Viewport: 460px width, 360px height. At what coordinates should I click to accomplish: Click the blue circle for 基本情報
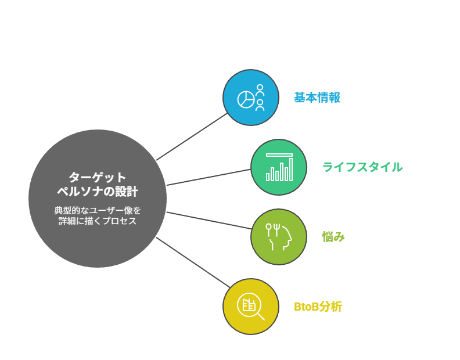point(251,98)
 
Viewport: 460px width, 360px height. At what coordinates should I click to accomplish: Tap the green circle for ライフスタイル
point(279,167)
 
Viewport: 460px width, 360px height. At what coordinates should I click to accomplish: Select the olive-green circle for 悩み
point(279,237)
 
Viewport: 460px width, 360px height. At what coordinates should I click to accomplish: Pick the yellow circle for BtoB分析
point(251,307)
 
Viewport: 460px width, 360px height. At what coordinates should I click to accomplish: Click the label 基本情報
point(317,98)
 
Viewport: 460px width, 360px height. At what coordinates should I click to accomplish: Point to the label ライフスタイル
point(362,167)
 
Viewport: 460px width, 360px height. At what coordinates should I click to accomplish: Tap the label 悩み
point(333,237)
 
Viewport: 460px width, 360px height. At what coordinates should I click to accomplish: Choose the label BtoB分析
point(318,307)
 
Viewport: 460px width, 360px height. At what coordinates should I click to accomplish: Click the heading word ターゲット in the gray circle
point(98,178)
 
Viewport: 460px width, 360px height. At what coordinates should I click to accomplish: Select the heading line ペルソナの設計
point(98,191)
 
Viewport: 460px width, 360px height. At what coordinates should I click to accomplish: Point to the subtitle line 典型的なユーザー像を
point(98,210)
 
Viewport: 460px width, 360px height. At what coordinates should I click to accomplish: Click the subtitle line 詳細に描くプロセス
point(98,221)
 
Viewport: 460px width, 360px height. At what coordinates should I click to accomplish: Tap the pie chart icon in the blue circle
point(246,99)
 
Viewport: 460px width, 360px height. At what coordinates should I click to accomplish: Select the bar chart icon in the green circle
point(279,167)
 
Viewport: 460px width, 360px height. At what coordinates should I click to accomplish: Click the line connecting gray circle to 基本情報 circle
point(192,136)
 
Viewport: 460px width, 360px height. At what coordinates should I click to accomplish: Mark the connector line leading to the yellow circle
point(193,262)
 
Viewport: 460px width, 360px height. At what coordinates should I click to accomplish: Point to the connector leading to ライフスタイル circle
point(209,177)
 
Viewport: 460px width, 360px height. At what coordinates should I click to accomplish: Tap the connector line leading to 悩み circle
point(209,220)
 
